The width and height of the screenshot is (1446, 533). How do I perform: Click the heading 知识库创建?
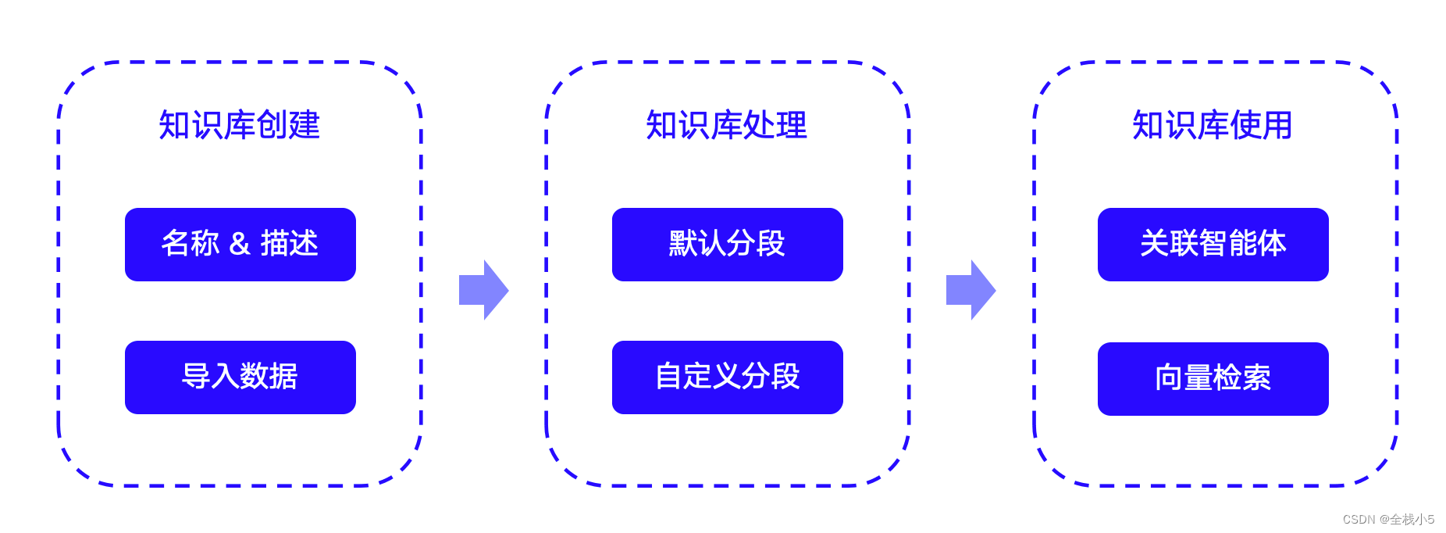click(239, 125)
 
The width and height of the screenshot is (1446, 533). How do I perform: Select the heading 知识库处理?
click(726, 125)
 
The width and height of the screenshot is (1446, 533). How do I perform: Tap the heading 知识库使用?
click(1213, 125)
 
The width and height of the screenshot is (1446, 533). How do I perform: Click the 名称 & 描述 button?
click(240, 244)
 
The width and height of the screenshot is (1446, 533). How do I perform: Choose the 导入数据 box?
click(240, 377)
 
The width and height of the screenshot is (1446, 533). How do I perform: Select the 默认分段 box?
click(727, 244)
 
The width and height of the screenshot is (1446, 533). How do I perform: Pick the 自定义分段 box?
click(727, 377)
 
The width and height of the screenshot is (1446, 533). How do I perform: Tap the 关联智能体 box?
click(1213, 244)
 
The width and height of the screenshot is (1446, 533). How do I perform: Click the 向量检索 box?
click(1213, 378)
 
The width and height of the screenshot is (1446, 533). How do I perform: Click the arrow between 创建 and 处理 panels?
click(484, 290)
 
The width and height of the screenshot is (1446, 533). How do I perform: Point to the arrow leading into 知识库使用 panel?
click(971, 290)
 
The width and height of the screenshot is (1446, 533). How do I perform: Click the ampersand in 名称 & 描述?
click(240, 245)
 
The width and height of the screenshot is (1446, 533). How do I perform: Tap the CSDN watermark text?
click(1388, 519)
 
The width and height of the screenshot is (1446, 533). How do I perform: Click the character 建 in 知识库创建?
click(305, 125)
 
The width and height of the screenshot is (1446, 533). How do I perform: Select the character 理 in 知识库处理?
click(792, 125)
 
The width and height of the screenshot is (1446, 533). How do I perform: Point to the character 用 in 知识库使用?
click(1277, 125)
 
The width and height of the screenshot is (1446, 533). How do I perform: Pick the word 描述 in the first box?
click(289, 244)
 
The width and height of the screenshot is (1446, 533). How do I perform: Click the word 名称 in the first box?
click(190, 244)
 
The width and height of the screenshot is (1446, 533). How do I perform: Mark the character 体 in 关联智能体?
click(1272, 244)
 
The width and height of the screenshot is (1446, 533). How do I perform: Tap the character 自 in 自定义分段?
click(669, 377)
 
